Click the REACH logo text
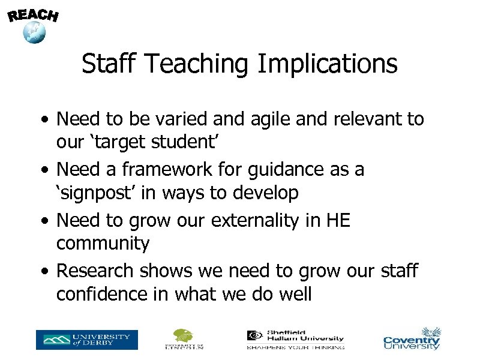click(34, 14)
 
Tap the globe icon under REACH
click(34, 32)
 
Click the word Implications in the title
click(327, 64)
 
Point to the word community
click(103, 244)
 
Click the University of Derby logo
click(86, 340)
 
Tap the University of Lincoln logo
click(184, 339)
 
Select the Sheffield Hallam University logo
click(296, 339)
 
